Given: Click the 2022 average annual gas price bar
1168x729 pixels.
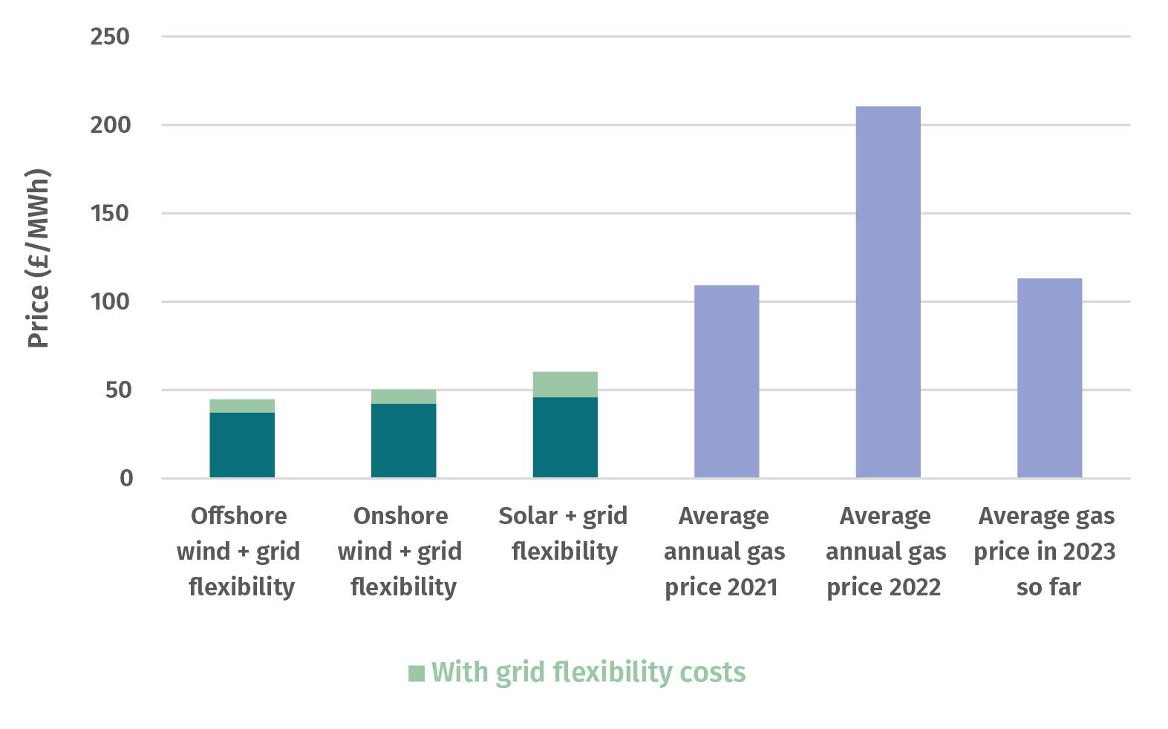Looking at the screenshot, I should (x=887, y=292).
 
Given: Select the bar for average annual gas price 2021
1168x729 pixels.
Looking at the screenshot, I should (x=726, y=381).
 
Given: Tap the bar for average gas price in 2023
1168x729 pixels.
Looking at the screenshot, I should (x=1049, y=378).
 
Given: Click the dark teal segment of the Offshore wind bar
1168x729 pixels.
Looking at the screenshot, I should (x=241, y=445).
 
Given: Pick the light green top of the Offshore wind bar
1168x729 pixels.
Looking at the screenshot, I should (x=241, y=405).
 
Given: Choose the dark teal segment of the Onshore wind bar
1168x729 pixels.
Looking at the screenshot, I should (x=403, y=440).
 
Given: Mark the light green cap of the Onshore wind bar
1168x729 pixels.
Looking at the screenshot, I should (x=403, y=396).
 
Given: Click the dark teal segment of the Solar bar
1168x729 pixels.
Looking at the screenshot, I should (x=564, y=437).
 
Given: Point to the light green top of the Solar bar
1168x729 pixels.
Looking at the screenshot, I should (x=564, y=384).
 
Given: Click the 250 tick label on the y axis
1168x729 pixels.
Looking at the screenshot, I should (x=109, y=36).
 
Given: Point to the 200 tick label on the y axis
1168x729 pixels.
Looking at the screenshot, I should (x=109, y=125).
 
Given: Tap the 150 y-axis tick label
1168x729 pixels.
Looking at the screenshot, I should (x=109, y=213).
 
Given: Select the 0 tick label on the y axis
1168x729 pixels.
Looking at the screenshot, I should (x=126, y=478).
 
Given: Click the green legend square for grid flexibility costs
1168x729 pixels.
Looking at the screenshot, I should (x=417, y=673).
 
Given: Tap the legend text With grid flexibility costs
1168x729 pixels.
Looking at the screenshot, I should (x=588, y=673).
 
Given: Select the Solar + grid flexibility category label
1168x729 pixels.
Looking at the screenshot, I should (x=564, y=533).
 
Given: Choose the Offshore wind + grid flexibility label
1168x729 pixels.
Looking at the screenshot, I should (x=239, y=551).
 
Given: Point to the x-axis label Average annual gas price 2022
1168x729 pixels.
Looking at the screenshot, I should (x=885, y=551).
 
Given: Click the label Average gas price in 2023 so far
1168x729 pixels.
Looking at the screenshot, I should (x=1045, y=551).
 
